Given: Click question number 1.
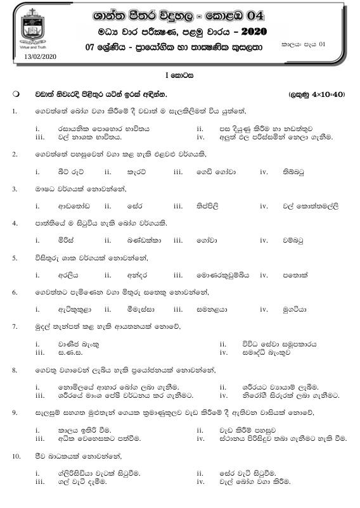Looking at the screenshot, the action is pos(14,111).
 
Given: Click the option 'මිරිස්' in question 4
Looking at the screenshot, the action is pos(67,240).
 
